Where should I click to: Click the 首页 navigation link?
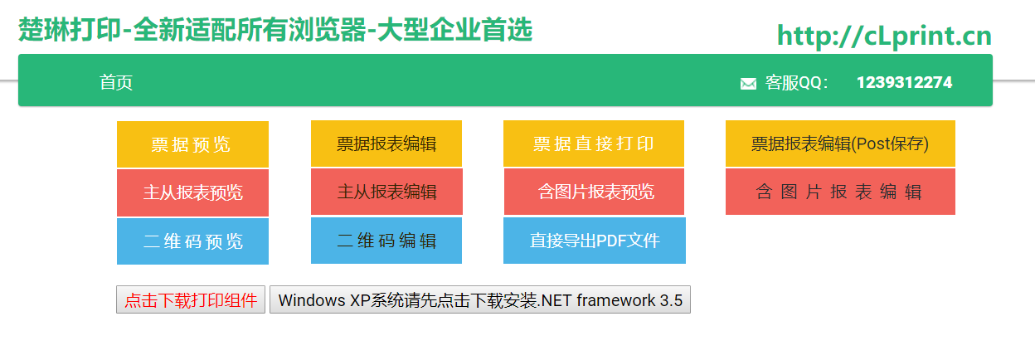click(116, 82)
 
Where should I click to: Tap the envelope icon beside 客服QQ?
click(748, 83)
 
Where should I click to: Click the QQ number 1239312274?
click(904, 82)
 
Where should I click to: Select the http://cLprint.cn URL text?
click(884, 36)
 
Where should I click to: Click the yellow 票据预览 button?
click(192, 144)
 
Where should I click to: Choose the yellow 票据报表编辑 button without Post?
click(386, 144)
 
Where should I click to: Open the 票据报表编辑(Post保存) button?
click(840, 144)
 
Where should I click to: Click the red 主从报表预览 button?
click(192, 192)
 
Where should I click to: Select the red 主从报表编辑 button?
click(386, 192)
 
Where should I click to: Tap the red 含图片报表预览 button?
click(595, 192)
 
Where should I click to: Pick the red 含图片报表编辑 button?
click(840, 192)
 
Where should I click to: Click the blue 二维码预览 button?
click(192, 241)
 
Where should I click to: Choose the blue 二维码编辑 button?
click(386, 241)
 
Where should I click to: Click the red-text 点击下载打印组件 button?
click(191, 300)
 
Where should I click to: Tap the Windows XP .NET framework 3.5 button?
click(480, 300)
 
